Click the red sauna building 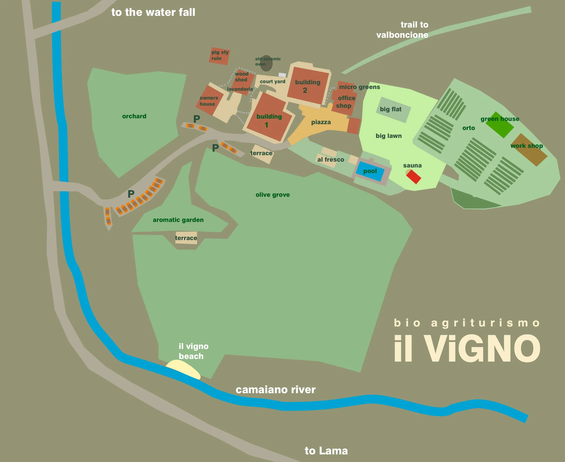coord(413,177)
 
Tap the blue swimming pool coord(370,171)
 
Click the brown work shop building coord(529,150)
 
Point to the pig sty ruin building coord(220,56)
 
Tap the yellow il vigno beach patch coord(184,369)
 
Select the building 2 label coord(307,86)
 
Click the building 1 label coord(269,120)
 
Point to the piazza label coord(321,122)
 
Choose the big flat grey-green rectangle coord(393,110)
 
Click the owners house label coord(209,101)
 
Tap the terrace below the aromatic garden coord(186,238)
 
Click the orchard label coord(134,116)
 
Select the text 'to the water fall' coord(153,12)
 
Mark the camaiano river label coord(275,390)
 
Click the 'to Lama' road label coord(326,451)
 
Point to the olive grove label coord(273,195)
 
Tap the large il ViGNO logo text coord(467,348)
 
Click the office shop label coord(345,102)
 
